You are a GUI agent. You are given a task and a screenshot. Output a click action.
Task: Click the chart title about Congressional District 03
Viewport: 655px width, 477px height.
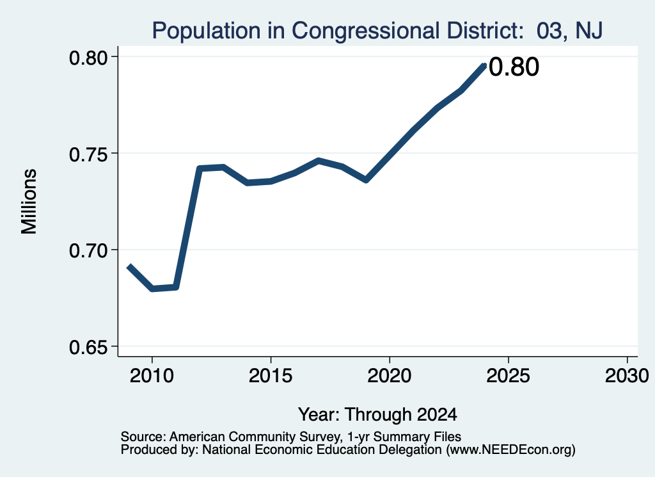[377, 31]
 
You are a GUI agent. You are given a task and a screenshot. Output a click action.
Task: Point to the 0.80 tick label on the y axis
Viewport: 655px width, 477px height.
[88, 58]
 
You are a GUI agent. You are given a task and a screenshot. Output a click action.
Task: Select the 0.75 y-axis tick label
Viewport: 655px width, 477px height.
[88, 155]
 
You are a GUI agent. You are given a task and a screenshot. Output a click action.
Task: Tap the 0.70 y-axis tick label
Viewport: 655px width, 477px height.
[88, 251]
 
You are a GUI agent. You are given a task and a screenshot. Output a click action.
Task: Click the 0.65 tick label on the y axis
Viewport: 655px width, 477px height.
[88, 348]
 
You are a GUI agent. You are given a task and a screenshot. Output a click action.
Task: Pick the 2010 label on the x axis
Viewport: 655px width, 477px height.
[152, 376]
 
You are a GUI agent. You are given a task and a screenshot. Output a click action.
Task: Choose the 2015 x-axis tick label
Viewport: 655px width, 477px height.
[271, 376]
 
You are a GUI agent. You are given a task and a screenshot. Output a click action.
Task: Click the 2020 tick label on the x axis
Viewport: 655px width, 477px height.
[390, 376]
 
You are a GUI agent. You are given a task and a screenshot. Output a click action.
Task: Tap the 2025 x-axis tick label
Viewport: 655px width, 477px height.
[509, 376]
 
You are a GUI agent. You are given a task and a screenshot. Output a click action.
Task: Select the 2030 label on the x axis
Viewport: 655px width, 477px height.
[627, 376]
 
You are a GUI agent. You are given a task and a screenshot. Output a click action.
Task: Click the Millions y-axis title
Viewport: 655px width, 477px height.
[29, 202]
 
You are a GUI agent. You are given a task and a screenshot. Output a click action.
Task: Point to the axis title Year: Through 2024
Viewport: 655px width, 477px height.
[377, 415]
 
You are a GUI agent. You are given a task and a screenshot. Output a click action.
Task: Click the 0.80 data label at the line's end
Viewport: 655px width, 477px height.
[514, 67]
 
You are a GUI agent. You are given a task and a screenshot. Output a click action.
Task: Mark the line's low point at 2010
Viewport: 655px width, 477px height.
[152, 289]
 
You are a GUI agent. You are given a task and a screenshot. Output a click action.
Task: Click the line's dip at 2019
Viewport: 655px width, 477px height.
[366, 180]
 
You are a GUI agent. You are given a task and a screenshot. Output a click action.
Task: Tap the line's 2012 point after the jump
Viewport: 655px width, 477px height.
[200, 168]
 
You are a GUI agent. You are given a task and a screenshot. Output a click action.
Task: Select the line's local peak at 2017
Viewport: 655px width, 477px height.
[319, 161]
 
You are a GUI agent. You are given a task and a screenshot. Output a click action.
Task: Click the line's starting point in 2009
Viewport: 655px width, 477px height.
[129, 266]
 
